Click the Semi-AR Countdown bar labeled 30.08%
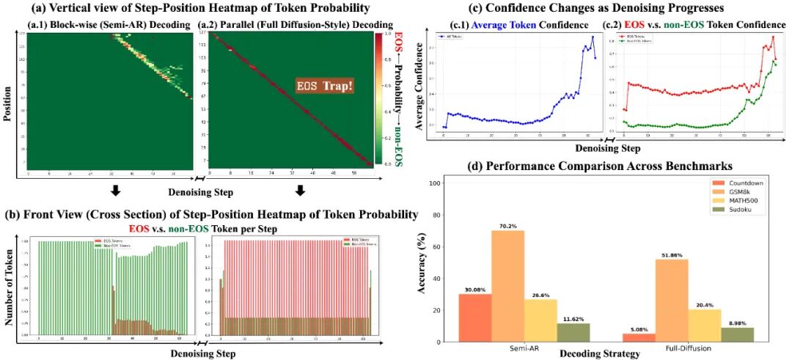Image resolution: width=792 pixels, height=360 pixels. (474, 317)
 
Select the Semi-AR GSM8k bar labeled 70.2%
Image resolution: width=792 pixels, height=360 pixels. (508, 286)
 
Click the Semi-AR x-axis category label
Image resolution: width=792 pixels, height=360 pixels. (524, 348)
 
